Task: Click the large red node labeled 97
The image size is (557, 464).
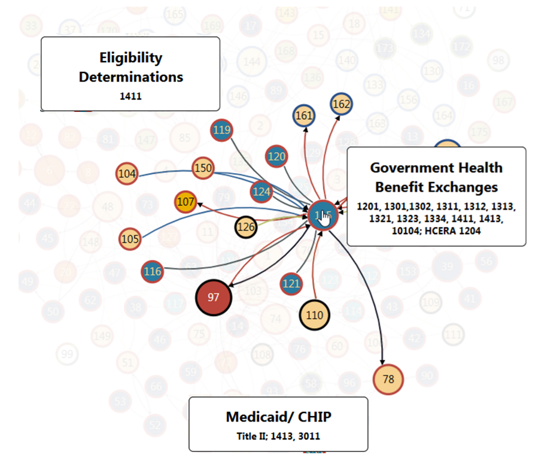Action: (214, 297)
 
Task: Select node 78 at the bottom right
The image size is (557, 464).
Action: (388, 378)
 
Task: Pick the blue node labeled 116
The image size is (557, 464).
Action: (153, 272)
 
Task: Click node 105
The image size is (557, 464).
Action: (130, 239)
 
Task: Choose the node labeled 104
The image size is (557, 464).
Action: (127, 174)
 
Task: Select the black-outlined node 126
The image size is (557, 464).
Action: (246, 227)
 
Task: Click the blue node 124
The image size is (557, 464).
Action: (261, 192)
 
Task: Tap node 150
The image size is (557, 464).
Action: (203, 168)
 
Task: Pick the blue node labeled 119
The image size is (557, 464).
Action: (221, 130)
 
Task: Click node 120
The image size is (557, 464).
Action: (276, 157)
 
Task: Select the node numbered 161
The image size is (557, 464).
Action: (305, 115)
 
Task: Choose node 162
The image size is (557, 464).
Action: (341, 104)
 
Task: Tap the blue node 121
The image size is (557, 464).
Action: (291, 283)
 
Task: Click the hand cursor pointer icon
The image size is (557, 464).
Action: (325, 219)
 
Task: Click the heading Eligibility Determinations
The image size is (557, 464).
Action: (131, 67)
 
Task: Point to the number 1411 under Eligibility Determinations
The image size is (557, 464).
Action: (130, 96)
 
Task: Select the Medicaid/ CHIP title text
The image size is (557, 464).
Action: (278, 417)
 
